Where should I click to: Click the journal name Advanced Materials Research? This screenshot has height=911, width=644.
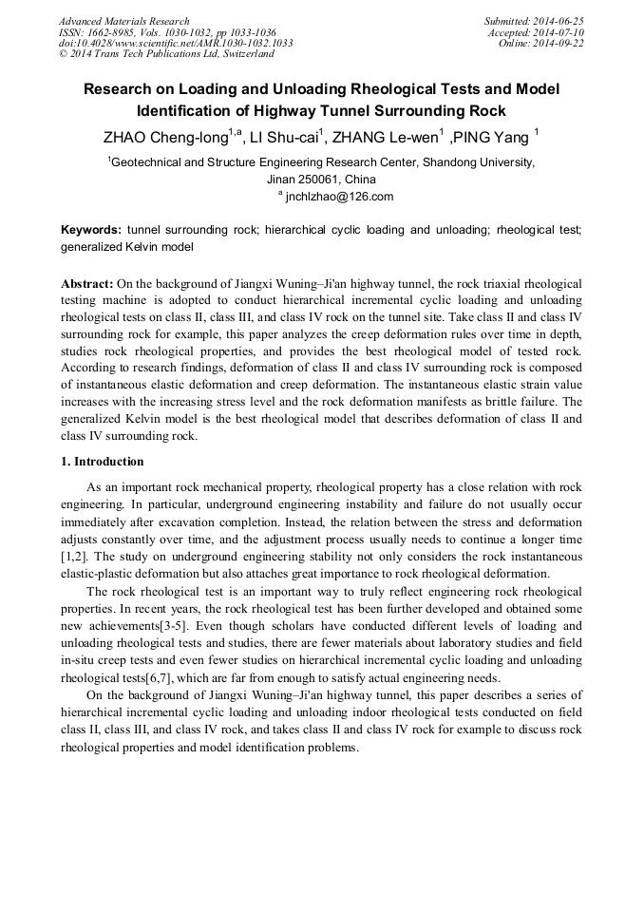[123, 21]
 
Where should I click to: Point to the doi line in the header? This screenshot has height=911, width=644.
[176, 44]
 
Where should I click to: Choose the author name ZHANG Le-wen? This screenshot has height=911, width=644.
[389, 138]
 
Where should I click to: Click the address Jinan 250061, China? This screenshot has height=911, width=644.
[321, 180]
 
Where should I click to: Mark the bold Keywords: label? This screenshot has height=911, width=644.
[91, 231]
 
